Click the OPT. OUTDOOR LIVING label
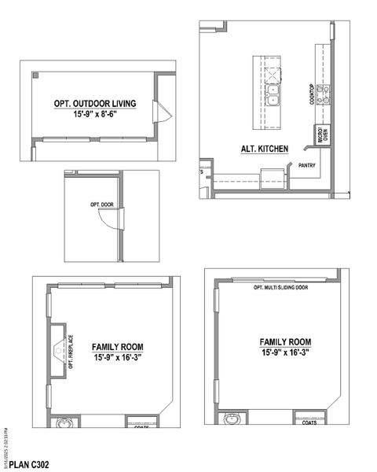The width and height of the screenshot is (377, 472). tap(95, 103)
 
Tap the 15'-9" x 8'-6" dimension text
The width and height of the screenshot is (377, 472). tap(95, 114)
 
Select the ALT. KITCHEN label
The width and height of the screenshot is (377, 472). tap(265, 148)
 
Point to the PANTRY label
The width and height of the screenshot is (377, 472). tap(306, 166)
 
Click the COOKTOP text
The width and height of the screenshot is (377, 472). tap(312, 96)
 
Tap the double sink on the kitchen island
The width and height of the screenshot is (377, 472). tap(273, 97)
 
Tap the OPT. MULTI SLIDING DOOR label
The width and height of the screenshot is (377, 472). tap(280, 287)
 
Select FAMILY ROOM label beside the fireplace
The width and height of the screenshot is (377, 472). tap(117, 347)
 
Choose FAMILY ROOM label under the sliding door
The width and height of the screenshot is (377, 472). tap(285, 342)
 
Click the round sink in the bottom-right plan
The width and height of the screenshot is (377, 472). tap(232, 419)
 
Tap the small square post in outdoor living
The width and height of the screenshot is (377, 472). tap(37, 76)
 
